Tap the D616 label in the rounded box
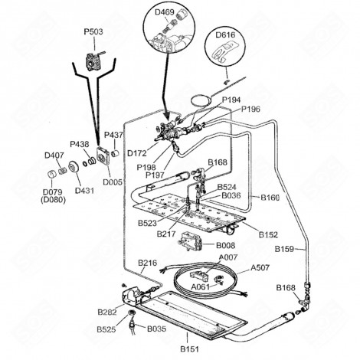point(224,35)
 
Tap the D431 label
point(83,190)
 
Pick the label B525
point(106,329)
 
